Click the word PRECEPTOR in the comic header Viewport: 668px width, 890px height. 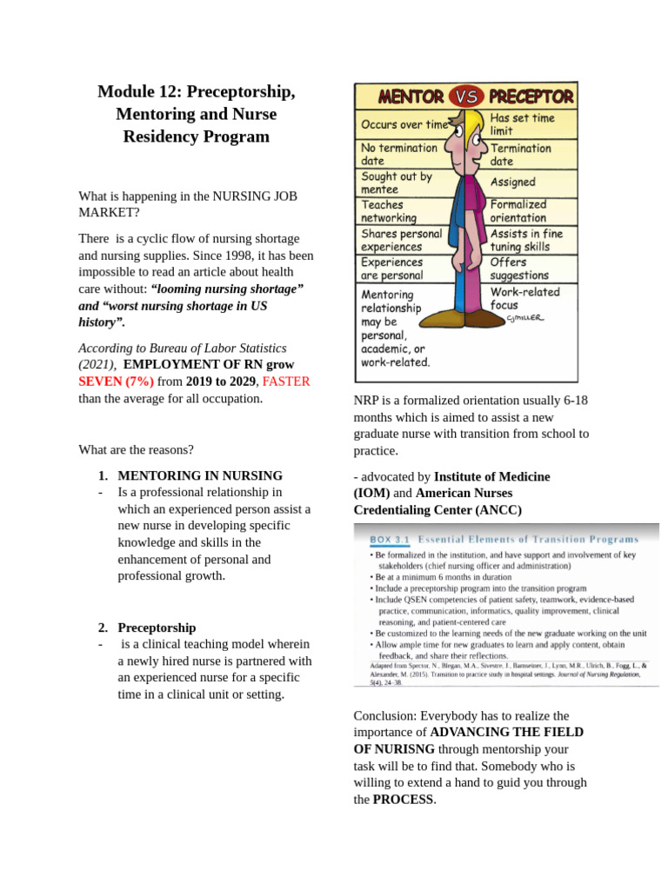click(x=530, y=96)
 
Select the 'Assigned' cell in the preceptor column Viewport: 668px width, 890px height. click(x=513, y=183)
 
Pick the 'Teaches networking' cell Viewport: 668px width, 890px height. click(x=389, y=211)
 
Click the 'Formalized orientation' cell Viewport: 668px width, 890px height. click(x=518, y=211)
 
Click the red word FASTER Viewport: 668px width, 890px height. click(x=286, y=382)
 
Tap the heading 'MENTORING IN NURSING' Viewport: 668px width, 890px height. click(x=200, y=475)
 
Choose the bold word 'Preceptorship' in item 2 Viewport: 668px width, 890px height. click(x=157, y=628)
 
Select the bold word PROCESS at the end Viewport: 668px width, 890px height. click(x=403, y=799)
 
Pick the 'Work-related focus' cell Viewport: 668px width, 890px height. click(x=524, y=298)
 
